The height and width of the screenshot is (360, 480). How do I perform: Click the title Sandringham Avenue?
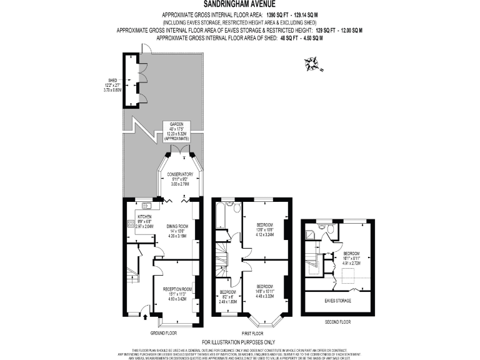pos(240,4)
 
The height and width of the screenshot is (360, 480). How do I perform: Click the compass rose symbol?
pos(311,62)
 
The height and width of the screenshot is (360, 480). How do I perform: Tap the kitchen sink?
pos(147,204)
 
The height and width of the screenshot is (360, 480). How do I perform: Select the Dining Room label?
pos(177,231)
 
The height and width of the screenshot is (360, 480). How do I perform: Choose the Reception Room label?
pos(176,294)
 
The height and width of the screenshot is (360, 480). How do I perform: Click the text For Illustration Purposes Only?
pos(240,342)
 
